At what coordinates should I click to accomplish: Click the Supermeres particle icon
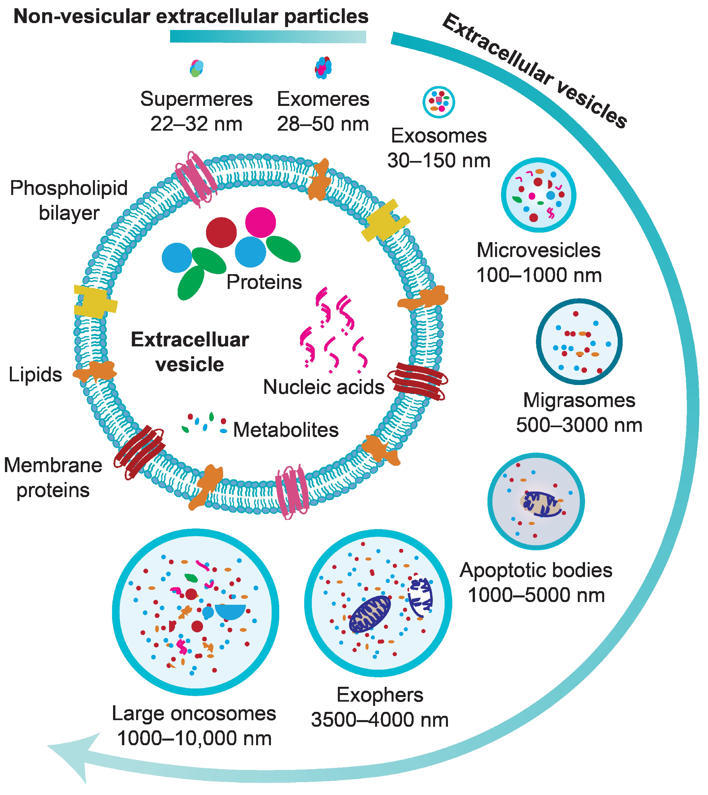pos(196,69)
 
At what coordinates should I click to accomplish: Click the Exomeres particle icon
pos(323,68)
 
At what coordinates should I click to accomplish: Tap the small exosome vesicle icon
pos(439,102)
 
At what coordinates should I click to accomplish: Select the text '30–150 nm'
pos(438,160)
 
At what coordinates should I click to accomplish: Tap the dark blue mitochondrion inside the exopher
pos(369,614)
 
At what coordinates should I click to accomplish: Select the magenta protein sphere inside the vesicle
pos(260,222)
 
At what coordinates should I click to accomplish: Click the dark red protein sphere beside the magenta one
pos(221,233)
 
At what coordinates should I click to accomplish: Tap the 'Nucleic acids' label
pos(324,387)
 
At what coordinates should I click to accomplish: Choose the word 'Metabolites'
pos(286,430)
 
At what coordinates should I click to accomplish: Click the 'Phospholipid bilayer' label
pos(69,201)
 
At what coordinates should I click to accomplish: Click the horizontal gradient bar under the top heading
pos(268,37)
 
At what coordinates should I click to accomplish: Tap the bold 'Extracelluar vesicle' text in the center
pos(190,352)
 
